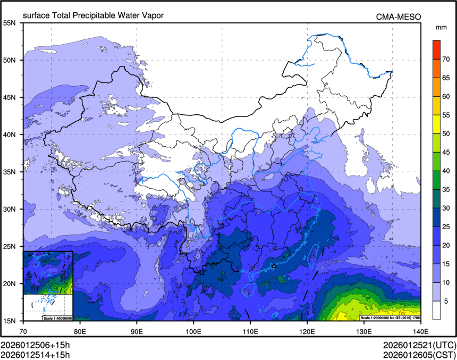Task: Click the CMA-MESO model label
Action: (399, 17)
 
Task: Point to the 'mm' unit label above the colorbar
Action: (441, 27)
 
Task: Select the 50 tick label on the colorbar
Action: (447, 133)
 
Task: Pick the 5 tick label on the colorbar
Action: (447, 301)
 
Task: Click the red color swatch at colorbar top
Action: (436, 45)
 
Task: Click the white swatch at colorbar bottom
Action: (436, 310)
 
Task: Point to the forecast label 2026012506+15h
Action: (35, 345)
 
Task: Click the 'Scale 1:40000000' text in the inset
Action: (57, 318)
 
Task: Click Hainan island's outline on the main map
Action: (248, 290)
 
